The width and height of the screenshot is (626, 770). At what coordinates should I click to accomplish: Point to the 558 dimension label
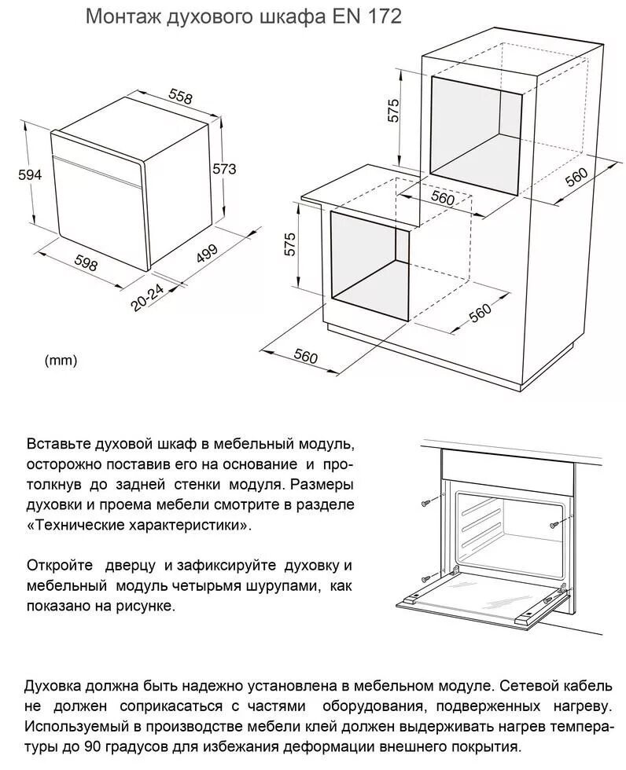pyautogui.click(x=180, y=96)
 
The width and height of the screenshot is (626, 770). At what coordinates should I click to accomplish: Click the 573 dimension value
pyautogui.click(x=224, y=168)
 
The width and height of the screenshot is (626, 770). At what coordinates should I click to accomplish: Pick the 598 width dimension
pyautogui.click(x=84, y=264)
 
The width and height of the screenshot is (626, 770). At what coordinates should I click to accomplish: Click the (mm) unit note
pyautogui.click(x=61, y=361)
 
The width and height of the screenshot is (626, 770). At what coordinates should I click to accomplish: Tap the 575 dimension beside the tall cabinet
pyautogui.click(x=394, y=111)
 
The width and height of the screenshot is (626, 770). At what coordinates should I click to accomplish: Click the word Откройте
pyautogui.click(x=57, y=566)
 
